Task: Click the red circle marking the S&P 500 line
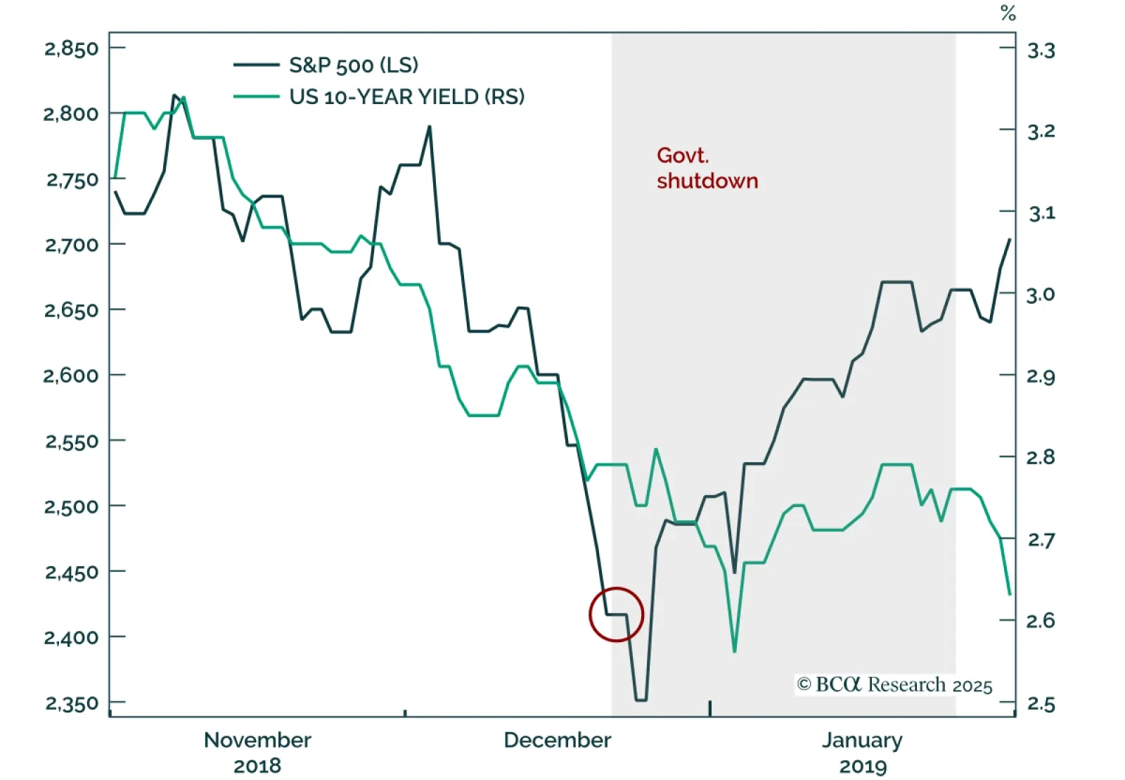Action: pyautogui.click(x=617, y=615)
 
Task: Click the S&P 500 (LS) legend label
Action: pyautogui.click(x=354, y=65)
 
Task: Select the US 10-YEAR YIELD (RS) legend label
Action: pyautogui.click(x=407, y=96)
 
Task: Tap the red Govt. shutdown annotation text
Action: pyautogui.click(x=706, y=168)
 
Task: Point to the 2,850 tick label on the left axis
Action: pyautogui.click(x=71, y=49)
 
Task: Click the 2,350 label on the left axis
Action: pyautogui.click(x=71, y=703)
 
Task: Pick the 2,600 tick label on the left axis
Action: pyautogui.click(x=71, y=375)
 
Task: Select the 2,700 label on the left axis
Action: pyautogui.click(x=71, y=245)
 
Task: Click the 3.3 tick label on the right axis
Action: pyautogui.click(x=1041, y=51)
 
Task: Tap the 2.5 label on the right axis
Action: pyautogui.click(x=1041, y=703)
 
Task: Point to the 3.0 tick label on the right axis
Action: pyautogui.click(x=1041, y=295)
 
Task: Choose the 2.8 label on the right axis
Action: pyautogui.click(x=1041, y=458)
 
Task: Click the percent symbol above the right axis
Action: pyautogui.click(x=1008, y=13)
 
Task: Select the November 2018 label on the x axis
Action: pyautogui.click(x=257, y=753)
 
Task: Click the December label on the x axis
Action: pyautogui.click(x=558, y=740)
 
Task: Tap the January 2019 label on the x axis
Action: pyautogui.click(x=863, y=753)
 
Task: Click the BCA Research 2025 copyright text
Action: pyautogui.click(x=894, y=685)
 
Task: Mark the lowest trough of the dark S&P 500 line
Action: pyautogui.click(x=641, y=700)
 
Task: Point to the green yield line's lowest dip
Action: pyautogui.click(x=735, y=651)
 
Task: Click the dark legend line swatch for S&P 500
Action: pyautogui.click(x=257, y=65)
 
